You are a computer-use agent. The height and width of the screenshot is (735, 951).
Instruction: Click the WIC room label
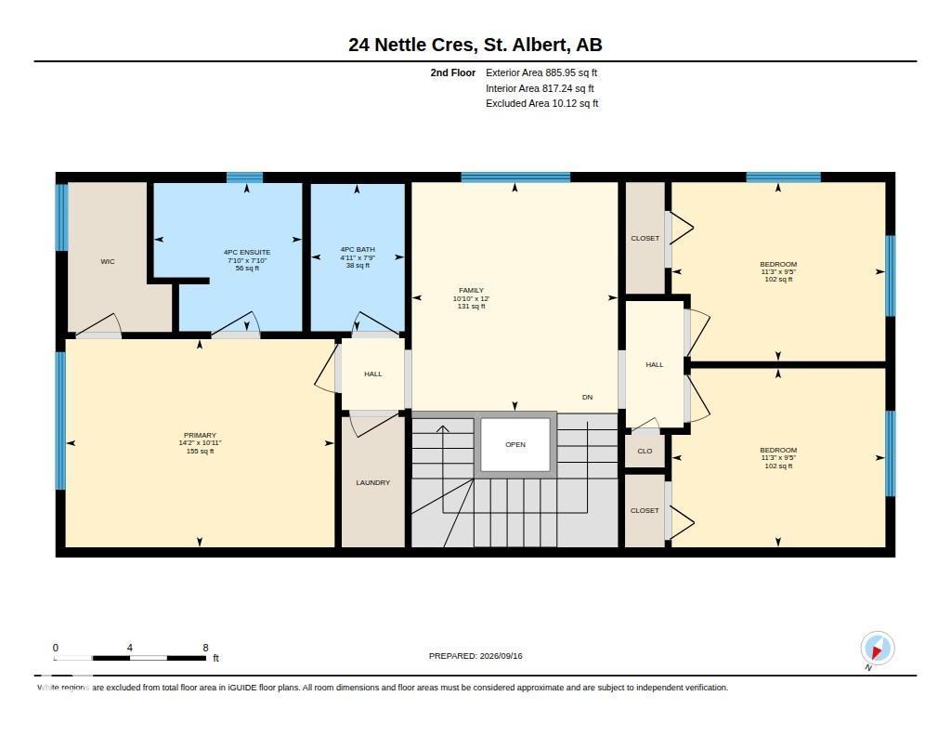[x=108, y=262]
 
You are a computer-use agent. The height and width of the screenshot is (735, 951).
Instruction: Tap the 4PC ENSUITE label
[x=247, y=252]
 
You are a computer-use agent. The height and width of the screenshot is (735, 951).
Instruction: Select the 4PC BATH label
[x=358, y=249]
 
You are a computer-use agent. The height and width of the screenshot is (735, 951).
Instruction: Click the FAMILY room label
[x=471, y=290]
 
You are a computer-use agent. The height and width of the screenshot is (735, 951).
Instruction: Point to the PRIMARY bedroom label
[x=201, y=435]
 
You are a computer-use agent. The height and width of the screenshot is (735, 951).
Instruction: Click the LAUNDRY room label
[x=373, y=482]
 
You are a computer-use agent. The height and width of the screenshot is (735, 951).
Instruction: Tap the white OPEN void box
[x=515, y=445]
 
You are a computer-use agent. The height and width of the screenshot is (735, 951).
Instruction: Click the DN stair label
[x=587, y=397]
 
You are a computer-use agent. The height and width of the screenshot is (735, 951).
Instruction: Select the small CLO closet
[x=645, y=451]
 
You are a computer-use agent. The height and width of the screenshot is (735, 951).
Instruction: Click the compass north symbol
[x=877, y=649]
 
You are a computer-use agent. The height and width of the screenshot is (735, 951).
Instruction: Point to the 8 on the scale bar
[x=205, y=648]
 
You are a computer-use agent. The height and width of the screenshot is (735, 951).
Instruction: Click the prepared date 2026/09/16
[x=501, y=655]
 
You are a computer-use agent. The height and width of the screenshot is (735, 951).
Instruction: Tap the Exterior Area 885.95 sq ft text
[x=541, y=72]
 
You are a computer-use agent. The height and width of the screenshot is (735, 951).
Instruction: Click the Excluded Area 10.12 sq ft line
[x=542, y=103]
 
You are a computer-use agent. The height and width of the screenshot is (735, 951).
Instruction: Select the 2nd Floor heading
[x=453, y=72]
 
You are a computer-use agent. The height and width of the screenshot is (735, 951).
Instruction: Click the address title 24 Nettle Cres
[x=410, y=45]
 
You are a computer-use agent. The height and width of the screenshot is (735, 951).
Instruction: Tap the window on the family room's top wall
[x=515, y=177]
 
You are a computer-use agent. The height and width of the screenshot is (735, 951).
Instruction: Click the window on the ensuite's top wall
[x=245, y=177]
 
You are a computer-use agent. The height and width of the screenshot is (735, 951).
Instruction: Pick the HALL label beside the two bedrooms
[x=655, y=365]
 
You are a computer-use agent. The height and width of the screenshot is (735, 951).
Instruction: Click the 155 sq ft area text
[x=201, y=451]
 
